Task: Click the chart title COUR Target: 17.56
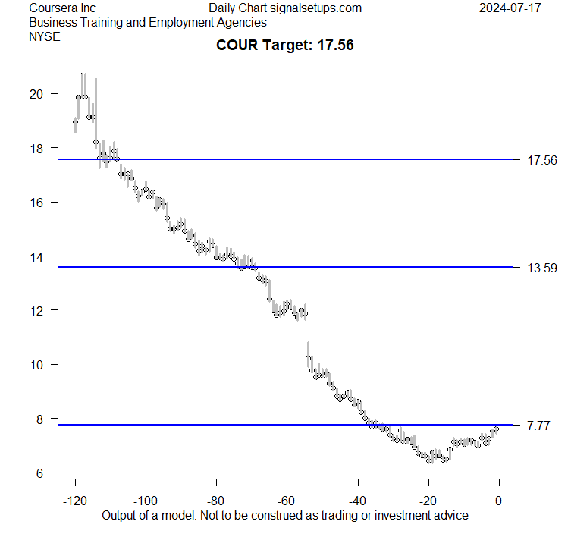[x=285, y=46]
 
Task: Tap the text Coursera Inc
[x=62, y=8]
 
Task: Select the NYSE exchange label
[x=42, y=36]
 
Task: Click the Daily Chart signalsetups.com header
[x=285, y=8]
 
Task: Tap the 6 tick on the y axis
[x=39, y=473]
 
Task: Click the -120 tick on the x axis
[x=75, y=501]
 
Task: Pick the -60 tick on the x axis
[x=287, y=501]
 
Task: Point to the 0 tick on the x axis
[x=498, y=501]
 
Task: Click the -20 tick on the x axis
[x=428, y=501]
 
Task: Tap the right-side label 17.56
[x=541, y=160]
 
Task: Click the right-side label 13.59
[x=541, y=268]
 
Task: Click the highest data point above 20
[x=82, y=75]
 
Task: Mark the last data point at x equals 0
[x=497, y=429]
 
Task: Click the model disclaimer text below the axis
[x=285, y=515]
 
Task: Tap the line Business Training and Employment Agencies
[x=147, y=22]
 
